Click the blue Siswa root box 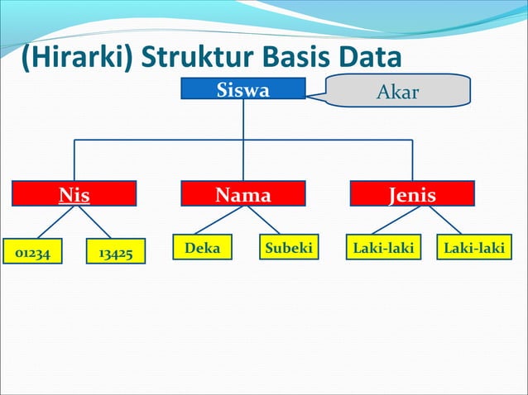coord(243,89)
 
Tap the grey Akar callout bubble coord(398,91)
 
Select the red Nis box coord(74,194)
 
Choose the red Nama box coord(243,194)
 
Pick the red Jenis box coord(412,194)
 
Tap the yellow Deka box coord(203,248)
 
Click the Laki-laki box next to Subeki coord(383,248)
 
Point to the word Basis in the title coord(295,58)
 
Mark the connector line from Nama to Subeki coord(264,220)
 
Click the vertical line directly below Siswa coord(243,120)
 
